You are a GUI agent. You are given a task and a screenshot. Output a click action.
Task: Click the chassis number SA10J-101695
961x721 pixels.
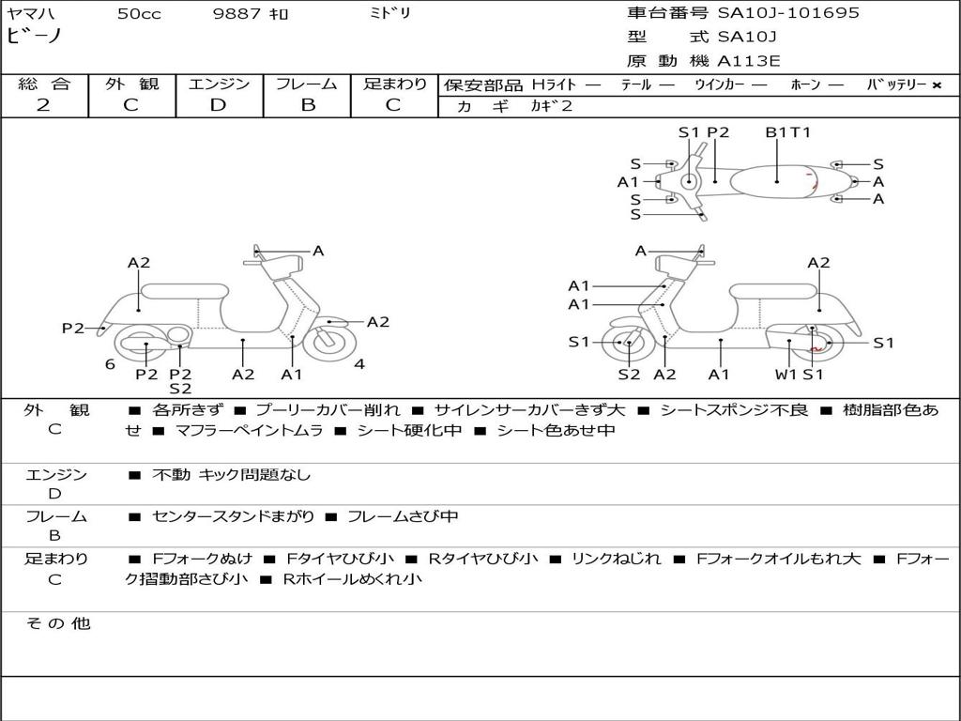tap(788, 13)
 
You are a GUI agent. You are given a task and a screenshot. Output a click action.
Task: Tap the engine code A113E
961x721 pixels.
tap(749, 62)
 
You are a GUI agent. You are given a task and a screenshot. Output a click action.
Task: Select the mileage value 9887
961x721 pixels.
tap(238, 14)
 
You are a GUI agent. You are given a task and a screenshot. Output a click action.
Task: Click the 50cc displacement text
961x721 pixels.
tap(139, 14)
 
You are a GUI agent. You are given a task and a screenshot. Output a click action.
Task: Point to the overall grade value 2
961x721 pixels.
tap(43, 105)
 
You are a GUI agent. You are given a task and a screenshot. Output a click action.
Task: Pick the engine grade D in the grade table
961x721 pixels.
tap(219, 105)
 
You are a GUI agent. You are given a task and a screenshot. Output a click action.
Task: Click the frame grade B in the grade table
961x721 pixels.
tap(308, 105)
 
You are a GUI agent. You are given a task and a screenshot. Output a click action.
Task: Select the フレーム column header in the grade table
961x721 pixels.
tap(308, 84)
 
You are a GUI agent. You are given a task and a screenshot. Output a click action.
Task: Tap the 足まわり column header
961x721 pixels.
tap(395, 84)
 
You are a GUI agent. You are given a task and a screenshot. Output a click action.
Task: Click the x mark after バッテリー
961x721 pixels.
tap(937, 85)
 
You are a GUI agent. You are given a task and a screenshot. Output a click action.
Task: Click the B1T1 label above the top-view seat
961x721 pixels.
tap(787, 132)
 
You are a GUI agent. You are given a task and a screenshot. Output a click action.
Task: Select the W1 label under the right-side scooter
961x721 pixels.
tap(786, 375)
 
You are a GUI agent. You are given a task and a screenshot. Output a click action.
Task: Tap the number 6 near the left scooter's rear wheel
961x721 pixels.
tap(110, 364)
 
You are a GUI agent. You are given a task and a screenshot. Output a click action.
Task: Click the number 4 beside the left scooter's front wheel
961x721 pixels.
tap(359, 364)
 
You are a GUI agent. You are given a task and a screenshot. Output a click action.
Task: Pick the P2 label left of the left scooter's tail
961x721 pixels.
tap(73, 328)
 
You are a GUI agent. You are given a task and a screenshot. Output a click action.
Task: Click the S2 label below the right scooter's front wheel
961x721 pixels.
tap(629, 375)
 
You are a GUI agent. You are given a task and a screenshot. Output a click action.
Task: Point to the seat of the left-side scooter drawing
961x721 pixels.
tap(184, 290)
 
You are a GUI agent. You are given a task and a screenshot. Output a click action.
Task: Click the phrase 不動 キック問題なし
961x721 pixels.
tap(231, 475)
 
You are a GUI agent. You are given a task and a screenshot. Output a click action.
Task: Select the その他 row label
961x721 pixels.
tap(57, 623)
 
